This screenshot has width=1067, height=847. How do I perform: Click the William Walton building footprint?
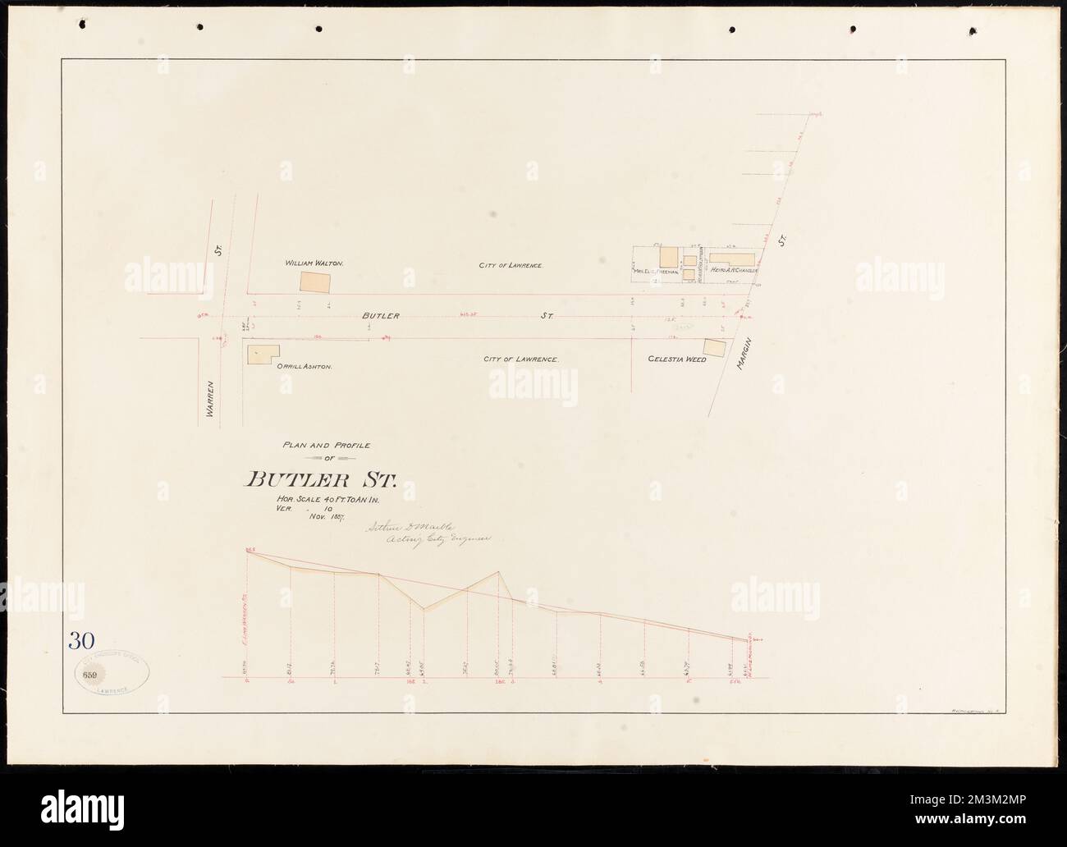pyautogui.click(x=316, y=282)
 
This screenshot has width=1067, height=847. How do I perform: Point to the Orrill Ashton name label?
pyautogui.click(x=304, y=368)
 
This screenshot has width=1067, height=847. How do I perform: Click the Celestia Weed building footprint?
pyautogui.click(x=714, y=348)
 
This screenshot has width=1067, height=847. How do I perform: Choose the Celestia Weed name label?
pyautogui.click(x=677, y=359)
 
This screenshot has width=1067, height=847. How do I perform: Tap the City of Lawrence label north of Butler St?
pyautogui.click(x=512, y=266)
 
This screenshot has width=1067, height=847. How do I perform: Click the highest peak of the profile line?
pyautogui.click(x=497, y=572)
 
